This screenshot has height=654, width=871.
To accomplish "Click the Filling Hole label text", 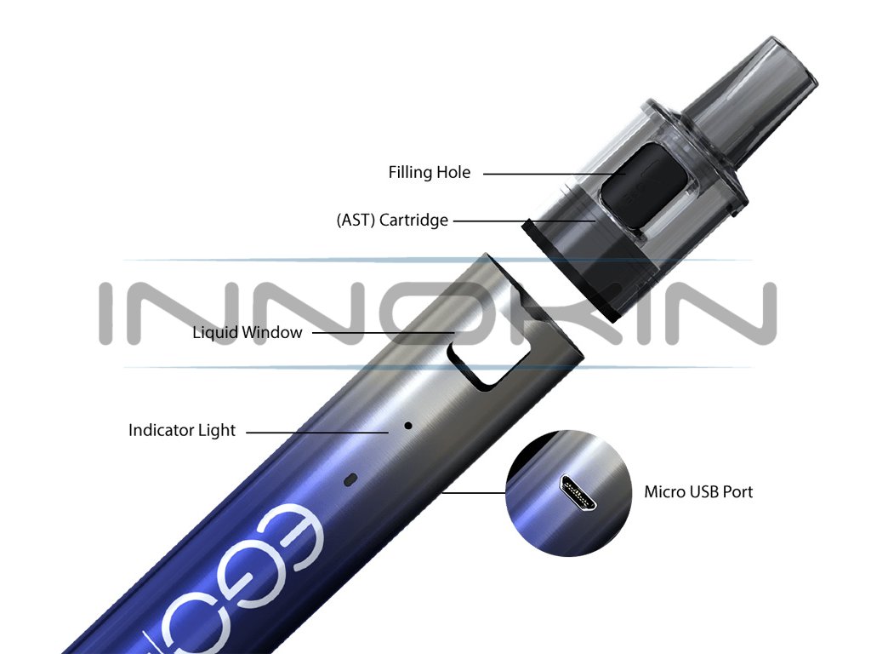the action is click(429, 173).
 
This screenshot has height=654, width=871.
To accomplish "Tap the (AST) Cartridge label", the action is click(391, 221).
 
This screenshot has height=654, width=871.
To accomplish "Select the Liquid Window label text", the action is click(247, 332).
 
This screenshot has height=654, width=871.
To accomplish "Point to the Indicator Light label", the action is click(181, 430).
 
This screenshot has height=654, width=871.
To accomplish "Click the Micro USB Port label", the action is click(697, 491).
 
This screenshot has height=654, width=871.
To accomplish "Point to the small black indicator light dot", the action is click(407, 424).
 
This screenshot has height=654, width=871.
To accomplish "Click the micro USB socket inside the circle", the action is click(576, 492).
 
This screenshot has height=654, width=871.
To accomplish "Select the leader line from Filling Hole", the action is click(553, 174).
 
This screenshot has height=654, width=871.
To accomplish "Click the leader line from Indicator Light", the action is click(319, 432).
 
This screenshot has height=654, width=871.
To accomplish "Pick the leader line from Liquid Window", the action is click(383, 333).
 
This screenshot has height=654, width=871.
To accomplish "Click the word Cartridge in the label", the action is click(413, 221).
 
